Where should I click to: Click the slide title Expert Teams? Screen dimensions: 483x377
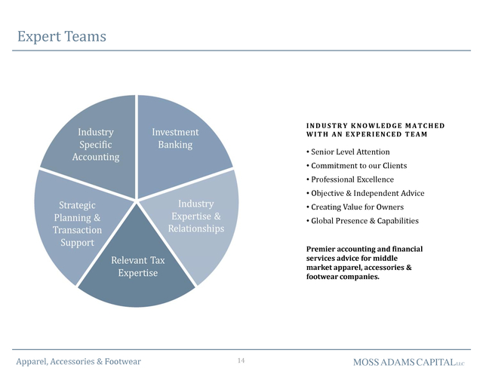point(62,36)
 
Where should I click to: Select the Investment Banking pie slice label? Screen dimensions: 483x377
point(175,138)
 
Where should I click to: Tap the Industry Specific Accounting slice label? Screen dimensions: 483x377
point(96,144)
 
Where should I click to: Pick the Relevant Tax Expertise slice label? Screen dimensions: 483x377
point(137,266)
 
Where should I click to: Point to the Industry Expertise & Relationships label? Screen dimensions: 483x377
point(196,216)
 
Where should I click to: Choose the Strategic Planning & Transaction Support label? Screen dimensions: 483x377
point(77,224)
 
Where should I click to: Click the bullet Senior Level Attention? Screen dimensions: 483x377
point(348,152)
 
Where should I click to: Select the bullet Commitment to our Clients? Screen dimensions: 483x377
point(357,166)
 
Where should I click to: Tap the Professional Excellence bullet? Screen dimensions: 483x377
point(350,179)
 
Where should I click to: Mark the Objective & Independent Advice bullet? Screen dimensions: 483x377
point(365,193)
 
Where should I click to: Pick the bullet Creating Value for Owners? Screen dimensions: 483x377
point(355,207)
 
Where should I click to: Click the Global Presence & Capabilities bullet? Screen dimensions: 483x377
point(362,221)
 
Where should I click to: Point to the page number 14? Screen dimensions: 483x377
point(241,360)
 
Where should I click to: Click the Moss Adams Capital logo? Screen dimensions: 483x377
point(409,362)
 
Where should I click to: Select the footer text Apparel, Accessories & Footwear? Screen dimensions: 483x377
point(78,361)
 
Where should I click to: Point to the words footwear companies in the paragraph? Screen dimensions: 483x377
point(343,277)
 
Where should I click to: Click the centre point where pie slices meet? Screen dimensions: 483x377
point(136,201)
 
